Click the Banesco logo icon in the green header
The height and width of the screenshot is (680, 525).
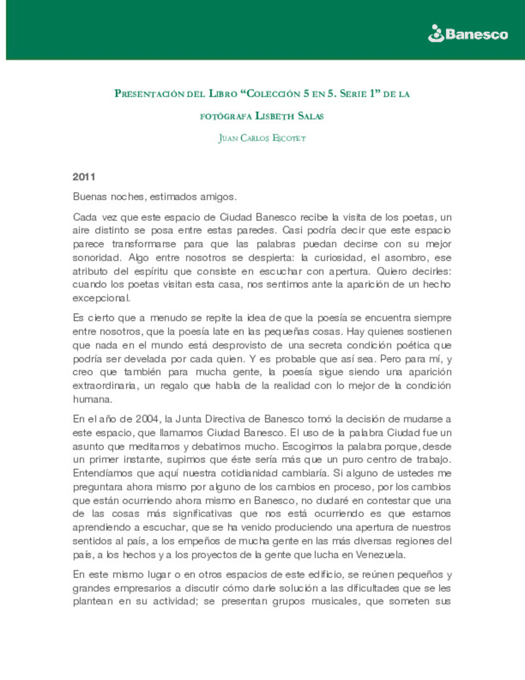436,34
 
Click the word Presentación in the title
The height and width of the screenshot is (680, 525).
149,93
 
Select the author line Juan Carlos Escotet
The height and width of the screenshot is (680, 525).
262,138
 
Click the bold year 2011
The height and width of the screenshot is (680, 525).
84,177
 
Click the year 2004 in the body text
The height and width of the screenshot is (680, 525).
147,419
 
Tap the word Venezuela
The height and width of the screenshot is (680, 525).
380,555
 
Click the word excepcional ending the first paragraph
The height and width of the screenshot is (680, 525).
101,298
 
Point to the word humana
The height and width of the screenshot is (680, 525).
92,399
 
